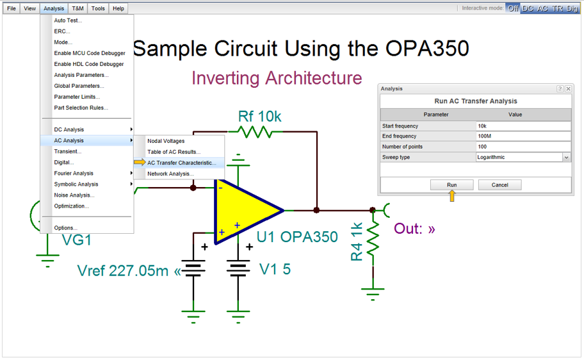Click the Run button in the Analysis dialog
click(x=451, y=184)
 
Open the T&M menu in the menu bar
click(x=77, y=8)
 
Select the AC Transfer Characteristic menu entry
click(x=181, y=163)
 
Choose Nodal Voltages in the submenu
click(x=166, y=141)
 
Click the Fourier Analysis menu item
click(x=74, y=173)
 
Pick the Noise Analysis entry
click(x=74, y=195)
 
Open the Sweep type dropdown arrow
click(x=566, y=158)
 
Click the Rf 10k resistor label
click(x=259, y=116)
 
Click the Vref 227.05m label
click(x=128, y=271)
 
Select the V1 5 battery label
click(x=275, y=269)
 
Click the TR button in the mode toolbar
click(x=558, y=8)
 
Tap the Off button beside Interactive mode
click(x=512, y=8)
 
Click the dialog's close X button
click(x=568, y=89)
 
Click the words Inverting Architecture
click(x=277, y=78)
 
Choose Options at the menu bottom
click(x=65, y=228)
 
